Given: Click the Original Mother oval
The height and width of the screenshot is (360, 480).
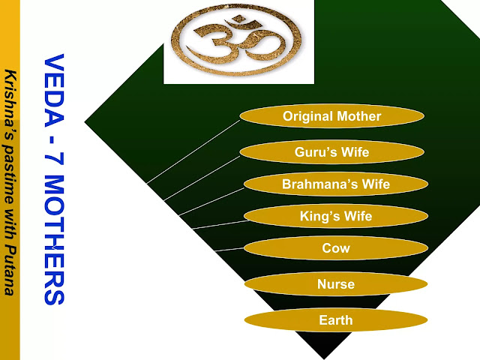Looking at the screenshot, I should (x=331, y=116).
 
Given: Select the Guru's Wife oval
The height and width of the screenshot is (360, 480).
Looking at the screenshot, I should (x=331, y=152).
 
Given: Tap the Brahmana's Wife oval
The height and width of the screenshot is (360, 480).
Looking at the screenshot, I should (x=335, y=184).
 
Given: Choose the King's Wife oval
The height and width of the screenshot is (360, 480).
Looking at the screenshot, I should (x=335, y=217).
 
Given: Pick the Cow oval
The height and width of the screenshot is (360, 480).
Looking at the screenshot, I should (x=335, y=248).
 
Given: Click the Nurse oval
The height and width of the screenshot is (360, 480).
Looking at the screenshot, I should (x=335, y=284).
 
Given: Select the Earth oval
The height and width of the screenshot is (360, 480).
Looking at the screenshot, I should (x=335, y=320).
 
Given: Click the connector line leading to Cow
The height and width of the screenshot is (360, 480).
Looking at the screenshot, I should (x=228, y=248).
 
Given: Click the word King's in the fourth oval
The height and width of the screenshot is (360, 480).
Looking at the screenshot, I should (x=318, y=217).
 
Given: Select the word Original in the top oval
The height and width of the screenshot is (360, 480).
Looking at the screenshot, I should (x=307, y=116).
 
